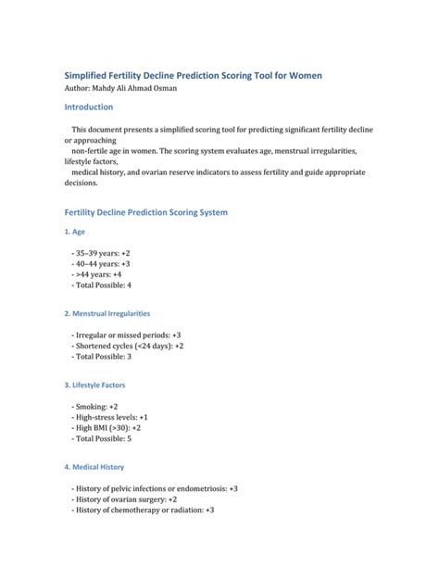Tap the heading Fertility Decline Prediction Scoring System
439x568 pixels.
(x=144, y=212)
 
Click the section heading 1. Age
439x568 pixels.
(x=74, y=232)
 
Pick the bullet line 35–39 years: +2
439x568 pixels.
(x=101, y=252)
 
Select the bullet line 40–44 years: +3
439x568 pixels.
(x=101, y=263)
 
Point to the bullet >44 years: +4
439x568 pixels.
(x=97, y=274)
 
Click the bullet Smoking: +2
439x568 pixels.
(x=94, y=406)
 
